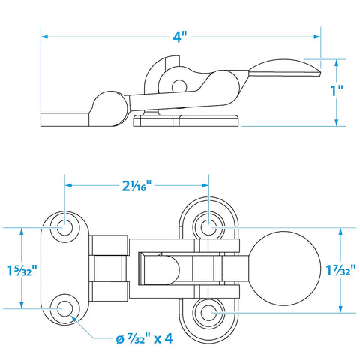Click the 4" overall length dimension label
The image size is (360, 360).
tap(180, 37)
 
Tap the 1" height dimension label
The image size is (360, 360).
tap(337, 91)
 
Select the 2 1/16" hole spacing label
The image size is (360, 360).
tap(137, 185)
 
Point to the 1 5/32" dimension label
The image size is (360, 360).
tap(22, 270)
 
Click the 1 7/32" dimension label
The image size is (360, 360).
tap(340, 270)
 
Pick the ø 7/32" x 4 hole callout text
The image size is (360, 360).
tap(144, 339)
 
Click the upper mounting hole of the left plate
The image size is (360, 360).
tap(64, 228)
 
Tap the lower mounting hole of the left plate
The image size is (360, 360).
tap(64, 308)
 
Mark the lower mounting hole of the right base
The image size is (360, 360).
tap(208, 313)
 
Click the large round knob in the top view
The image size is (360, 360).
tap(285, 268)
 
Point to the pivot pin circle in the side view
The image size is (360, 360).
tap(179, 86)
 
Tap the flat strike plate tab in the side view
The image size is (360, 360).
tap(65, 119)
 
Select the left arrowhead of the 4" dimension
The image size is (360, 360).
tap(44, 37)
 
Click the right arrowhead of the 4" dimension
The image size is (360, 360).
tap(317, 37)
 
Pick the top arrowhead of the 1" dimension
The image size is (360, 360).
tap(337, 63)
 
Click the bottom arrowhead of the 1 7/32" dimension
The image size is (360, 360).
tap(340, 309)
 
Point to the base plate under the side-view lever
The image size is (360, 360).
tap(186, 121)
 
